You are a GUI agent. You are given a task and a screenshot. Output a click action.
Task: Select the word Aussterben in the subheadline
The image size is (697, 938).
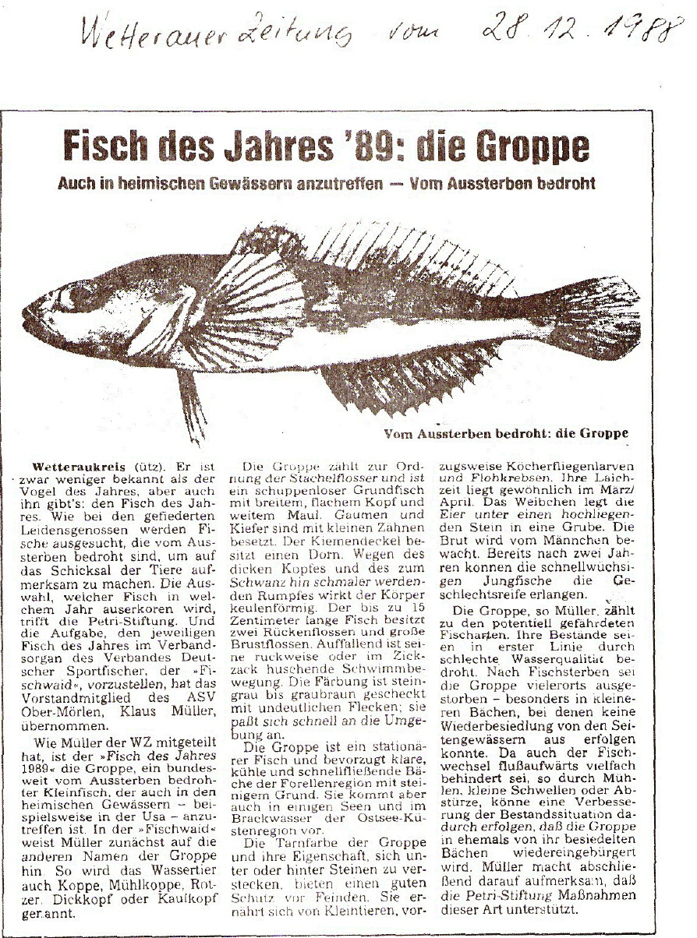pos(483,185)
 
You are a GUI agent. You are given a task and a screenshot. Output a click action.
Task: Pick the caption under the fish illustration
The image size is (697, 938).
pos(506,433)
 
